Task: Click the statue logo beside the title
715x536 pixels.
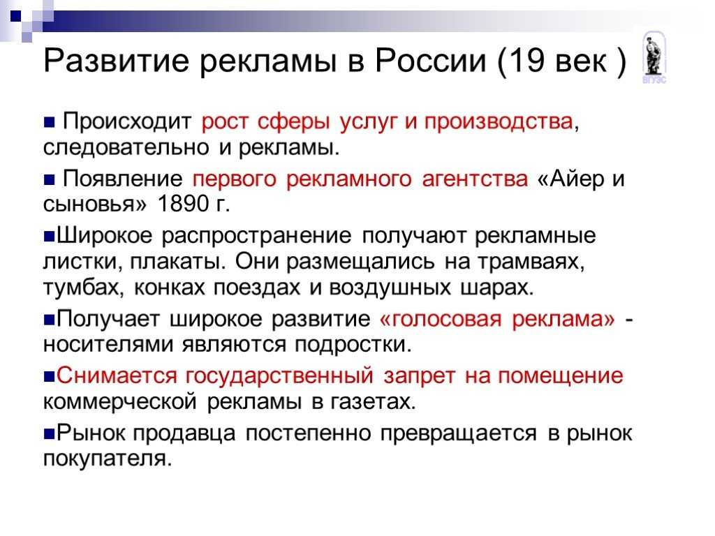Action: pos(654,57)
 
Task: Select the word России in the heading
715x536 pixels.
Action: pos(431,60)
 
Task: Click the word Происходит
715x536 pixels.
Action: pos(127,121)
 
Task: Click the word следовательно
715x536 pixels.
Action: pos(126,147)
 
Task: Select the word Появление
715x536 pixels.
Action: pos(123,178)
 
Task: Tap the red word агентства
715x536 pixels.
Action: pos(475,179)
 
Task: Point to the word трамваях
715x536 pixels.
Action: pos(531,262)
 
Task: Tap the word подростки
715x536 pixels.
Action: pos(353,345)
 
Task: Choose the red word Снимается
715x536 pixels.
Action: pos(117,375)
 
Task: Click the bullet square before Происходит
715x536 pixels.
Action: pos(50,122)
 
